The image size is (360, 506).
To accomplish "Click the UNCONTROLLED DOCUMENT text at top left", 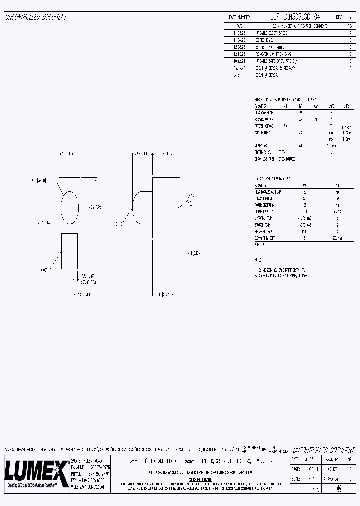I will tap(36, 17).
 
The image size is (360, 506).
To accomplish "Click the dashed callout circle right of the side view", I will tap(190, 201).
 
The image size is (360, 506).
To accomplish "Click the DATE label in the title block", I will tap(295, 459).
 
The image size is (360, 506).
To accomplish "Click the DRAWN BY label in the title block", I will tap(332, 459).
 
